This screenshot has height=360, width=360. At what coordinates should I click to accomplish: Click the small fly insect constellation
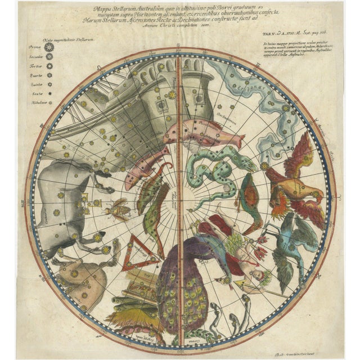point(120,209)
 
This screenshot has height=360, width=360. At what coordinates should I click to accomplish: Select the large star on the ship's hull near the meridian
point(172,95)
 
